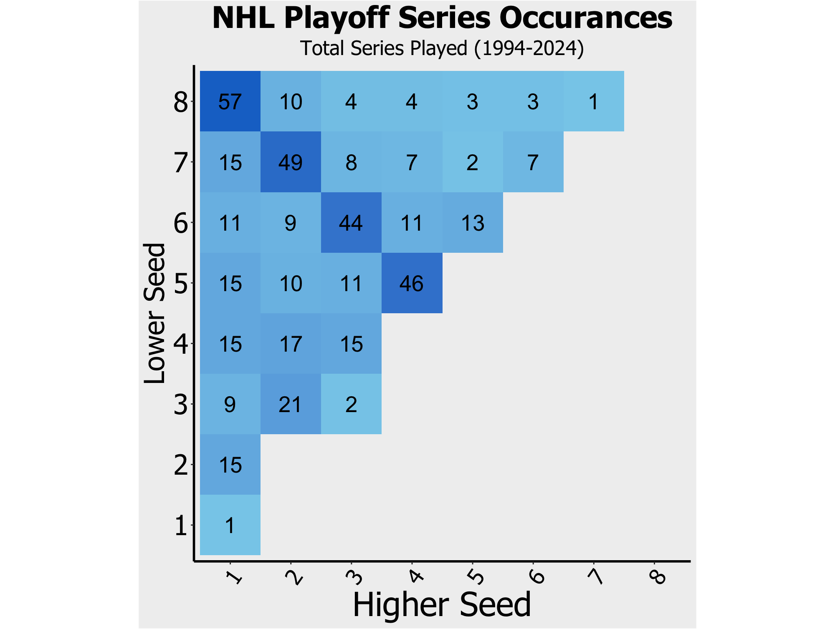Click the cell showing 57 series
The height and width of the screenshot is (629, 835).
pos(230,101)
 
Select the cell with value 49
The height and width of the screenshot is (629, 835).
pos(291,162)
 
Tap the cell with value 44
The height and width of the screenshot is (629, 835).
pos(351,222)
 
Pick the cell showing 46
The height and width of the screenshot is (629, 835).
pos(412,283)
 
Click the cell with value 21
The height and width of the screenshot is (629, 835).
pos(291,404)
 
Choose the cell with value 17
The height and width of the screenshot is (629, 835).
pos(291,343)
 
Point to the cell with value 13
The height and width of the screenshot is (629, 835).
pos(472,222)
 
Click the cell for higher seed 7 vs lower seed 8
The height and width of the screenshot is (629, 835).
pos(593,101)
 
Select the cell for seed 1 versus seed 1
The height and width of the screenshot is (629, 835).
pos(230,525)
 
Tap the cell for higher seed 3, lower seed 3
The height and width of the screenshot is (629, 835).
pos(351,404)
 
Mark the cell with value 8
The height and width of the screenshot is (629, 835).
pos(351,162)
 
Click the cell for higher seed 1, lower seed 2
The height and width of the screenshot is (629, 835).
pos(230,464)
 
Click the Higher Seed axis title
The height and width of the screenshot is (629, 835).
pos(442,605)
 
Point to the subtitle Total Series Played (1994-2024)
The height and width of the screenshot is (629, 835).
pos(442,48)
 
